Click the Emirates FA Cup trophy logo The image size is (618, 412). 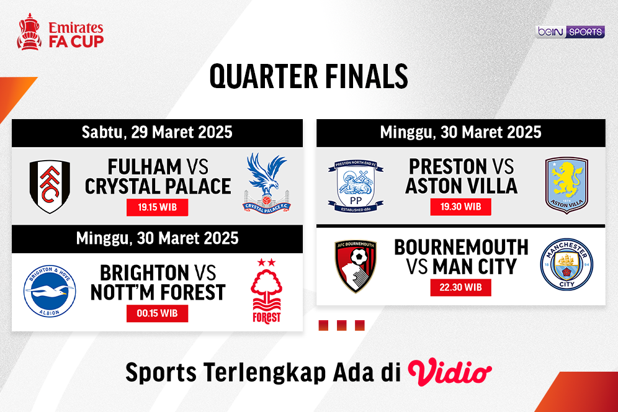[29, 32]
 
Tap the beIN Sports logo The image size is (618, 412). [569, 32]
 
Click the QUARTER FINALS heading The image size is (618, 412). [308, 76]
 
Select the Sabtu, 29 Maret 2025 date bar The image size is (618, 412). [157, 132]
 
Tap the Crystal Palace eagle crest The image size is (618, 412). [267, 180]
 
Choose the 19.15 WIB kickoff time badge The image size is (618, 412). [157, 207]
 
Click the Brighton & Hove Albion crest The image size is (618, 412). [50, 292]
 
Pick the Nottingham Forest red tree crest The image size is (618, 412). [266, 292]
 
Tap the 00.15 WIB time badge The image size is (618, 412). [157, 313]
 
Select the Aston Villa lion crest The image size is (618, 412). [566, 185]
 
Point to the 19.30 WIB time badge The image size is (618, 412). [460, 207]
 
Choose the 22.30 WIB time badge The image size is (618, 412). [460, 287]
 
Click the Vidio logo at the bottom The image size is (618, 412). [450, 372]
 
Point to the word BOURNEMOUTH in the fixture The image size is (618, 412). [461, 247]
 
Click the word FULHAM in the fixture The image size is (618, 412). [144, 167]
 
